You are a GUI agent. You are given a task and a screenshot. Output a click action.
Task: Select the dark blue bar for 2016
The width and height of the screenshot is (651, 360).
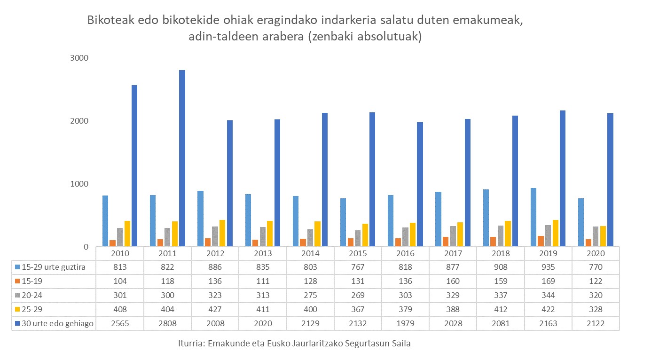click(x=420, y=184)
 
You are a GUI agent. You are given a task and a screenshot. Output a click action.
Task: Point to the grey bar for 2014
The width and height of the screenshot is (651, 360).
click(x=310, y=238)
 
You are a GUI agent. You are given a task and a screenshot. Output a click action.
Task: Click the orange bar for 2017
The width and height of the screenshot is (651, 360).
click(x=445, y=242)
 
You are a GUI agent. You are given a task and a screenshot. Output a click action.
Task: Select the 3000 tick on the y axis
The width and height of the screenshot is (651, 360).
click(x=79, y=58)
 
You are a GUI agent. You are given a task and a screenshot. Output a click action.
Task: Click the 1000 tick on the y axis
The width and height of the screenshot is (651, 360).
click(x=79, y=184)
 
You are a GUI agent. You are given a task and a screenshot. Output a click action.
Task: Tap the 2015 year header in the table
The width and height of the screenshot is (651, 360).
click(x=358, y=253)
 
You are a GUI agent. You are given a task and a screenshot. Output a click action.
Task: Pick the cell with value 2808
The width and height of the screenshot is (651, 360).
click(x=167, y=324)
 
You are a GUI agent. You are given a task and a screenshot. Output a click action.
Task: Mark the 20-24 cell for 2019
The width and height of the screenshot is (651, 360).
click(x=548, y=295)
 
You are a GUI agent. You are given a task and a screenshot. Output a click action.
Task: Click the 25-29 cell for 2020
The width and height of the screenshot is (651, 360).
click(x=596, y=310)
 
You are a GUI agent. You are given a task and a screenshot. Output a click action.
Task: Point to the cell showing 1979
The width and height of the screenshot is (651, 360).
click(x=405, y=324)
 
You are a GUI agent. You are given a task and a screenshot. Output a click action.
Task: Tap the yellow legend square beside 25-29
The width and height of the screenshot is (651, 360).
click(x=18, y=310)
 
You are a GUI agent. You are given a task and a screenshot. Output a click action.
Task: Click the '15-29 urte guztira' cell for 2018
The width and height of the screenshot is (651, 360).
click(x=501, y=267)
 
